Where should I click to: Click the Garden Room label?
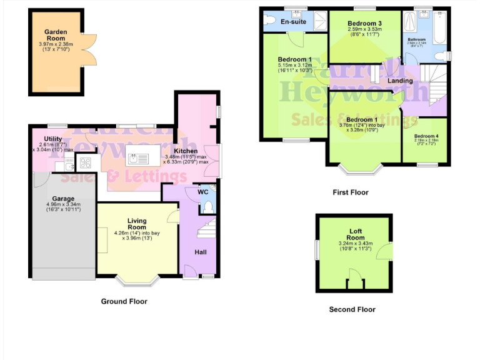(x=55, y=35)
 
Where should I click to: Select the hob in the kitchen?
(x=85, y=164)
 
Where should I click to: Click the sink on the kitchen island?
(x=134, y=159)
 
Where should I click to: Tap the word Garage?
(x=62, y=198)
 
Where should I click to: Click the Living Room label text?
(x=137, y=224)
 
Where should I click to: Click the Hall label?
(x=200, y=251)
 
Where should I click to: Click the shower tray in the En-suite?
(x=319, y=21)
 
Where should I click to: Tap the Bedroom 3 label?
(x=364, y=24)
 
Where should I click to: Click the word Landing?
(x=400, y=81)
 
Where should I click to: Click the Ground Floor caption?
(x=124, y=301)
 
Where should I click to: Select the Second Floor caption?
(x=352, y=309)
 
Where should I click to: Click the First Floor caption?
(x=350, y=192)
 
